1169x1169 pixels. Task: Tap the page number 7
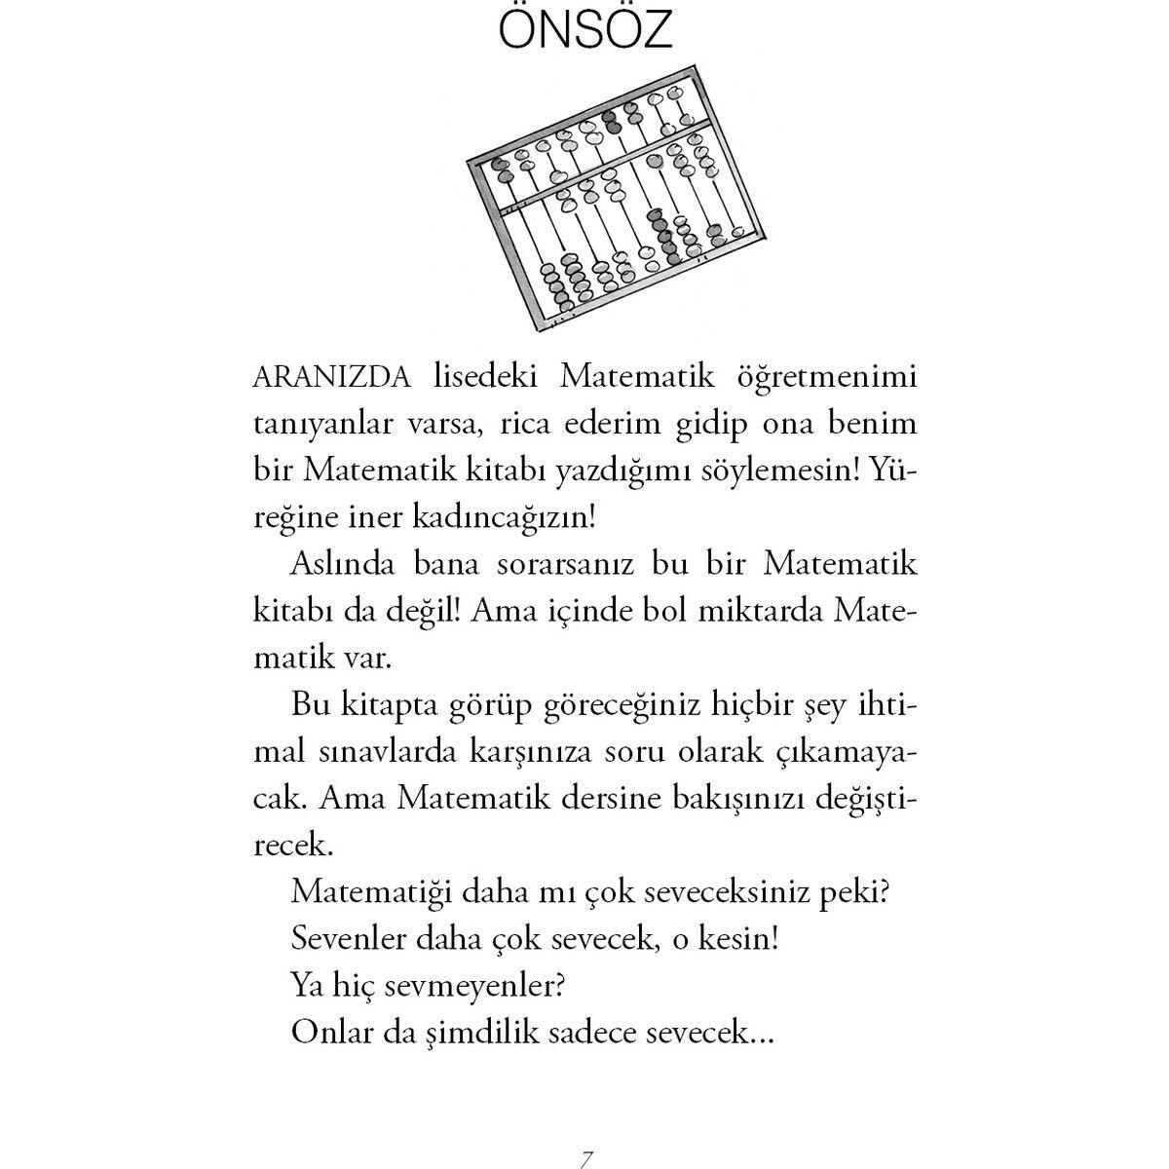pos(585,1159)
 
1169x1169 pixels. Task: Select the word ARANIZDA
pos(331,377)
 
